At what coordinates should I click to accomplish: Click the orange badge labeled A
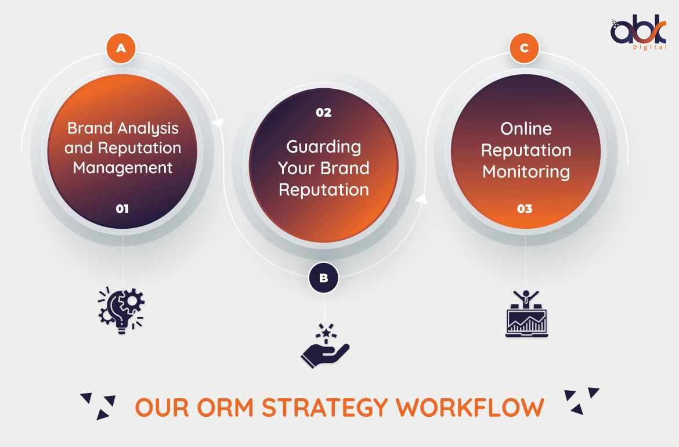click(x=121, y=48)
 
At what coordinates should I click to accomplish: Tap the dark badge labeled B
click(x=323, y=277)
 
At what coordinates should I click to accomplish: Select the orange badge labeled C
click(x=524, y=48)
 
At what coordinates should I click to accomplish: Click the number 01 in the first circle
click(x=122, y=209)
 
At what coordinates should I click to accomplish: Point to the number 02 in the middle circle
click(x=323, y=113)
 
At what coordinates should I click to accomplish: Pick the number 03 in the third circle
click(x=525, y=209)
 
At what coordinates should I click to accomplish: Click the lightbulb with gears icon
click(x=121, y=310)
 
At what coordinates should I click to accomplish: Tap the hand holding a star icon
click(x=325, y=346)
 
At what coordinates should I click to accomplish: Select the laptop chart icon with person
click(x=526, y=313)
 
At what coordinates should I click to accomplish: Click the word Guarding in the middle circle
click(x=323, y=147)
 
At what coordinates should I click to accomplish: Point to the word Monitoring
click(x=526, y=172)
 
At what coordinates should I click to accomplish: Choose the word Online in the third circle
click(x=526, y=129)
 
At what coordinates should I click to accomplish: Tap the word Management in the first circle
click(x=122, y=168)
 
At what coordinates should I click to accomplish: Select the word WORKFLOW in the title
click(x=470, y=408)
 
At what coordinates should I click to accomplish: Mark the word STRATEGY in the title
click(x=325, y=408)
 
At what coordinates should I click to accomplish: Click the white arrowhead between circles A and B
click(x=218, y=123)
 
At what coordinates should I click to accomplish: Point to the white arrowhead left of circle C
click(x=422, y=199)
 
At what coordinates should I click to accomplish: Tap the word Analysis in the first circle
click(x=147, y=129)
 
